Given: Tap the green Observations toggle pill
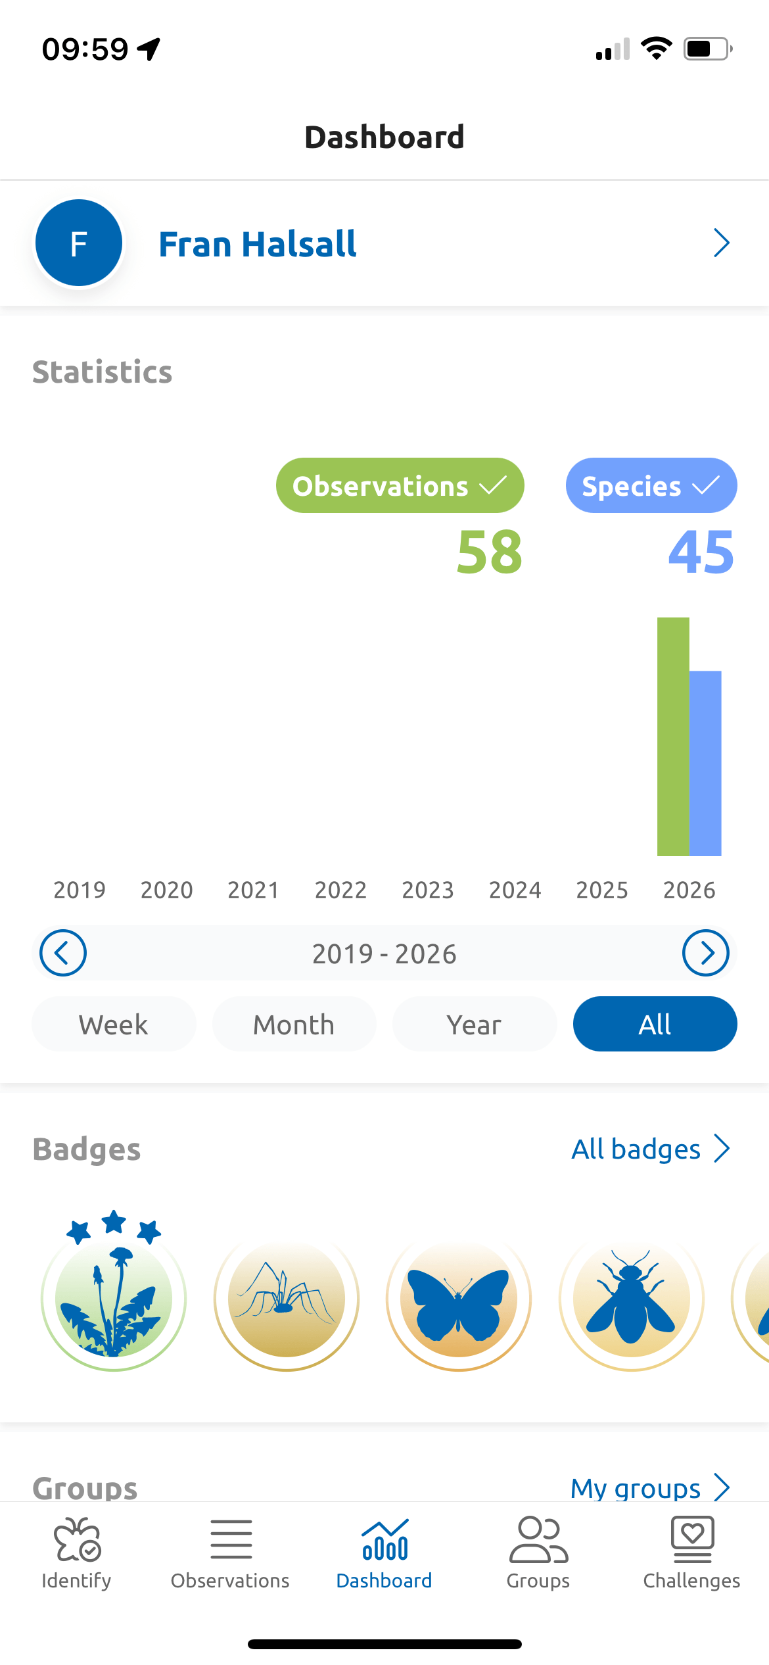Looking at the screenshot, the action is [x=400, y=485].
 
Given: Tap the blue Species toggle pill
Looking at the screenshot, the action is [x=651, y=485].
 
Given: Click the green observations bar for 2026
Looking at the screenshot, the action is [x=673, y=736].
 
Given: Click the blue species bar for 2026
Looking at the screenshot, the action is [x=705, y=763].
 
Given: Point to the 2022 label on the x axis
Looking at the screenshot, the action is [x=340, y=890].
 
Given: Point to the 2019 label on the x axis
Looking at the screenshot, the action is [x=80, y=890].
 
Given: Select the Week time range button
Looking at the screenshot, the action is [x=114, y=1024].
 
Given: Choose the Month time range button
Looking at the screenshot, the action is [x=294, y=1024].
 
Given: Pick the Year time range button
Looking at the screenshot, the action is [x=475, y=1024].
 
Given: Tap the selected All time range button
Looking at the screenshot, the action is [x=655, y=1024].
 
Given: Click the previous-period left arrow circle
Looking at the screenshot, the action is [x=63, y=953].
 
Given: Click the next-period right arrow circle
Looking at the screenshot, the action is [x=706, y=953].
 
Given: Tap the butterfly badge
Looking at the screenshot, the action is [x=459, y=1298].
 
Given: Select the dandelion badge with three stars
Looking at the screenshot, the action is [x=114, y=1291].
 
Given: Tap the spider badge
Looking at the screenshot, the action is [x=287, y=1298].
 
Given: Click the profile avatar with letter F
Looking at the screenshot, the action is [x=79, y=243].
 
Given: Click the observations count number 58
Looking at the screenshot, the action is [x=490, y=552].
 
